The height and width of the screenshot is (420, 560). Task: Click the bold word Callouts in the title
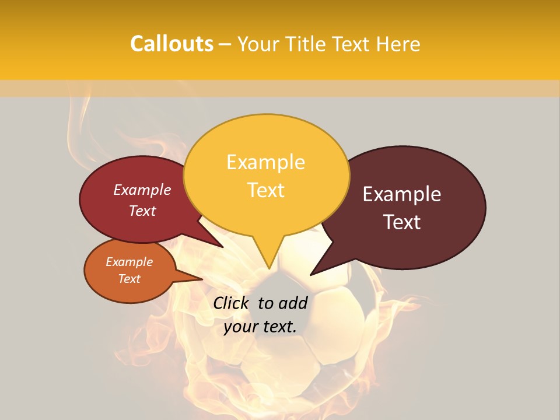pos(171,44)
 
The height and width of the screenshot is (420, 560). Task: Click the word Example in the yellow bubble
pos(265,162)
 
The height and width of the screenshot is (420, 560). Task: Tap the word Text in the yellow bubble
pos(265,190)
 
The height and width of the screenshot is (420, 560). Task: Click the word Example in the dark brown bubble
pos(402,194)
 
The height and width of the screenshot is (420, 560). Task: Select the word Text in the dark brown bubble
pos(402,222)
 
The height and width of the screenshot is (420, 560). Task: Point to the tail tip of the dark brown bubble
pos(312,274)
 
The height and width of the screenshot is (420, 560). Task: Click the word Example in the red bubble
pos(142,190)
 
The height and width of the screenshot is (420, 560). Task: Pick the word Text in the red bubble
pos(142,211)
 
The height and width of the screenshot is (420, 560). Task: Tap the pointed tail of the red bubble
pos(221,246)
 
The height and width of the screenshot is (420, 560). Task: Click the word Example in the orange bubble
pos(129,262)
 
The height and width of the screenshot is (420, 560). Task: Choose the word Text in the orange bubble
pos(129,279)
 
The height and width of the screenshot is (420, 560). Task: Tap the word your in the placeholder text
pos(240,327)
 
